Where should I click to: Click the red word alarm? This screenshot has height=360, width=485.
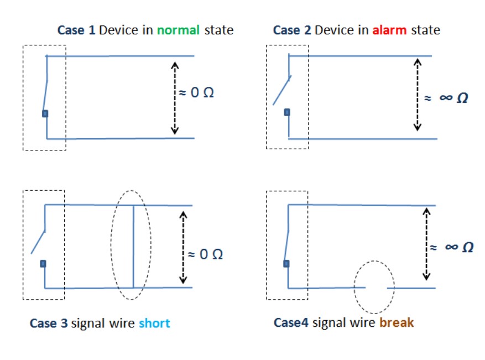point(390,30)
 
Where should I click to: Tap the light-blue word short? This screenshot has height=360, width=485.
point(154,323)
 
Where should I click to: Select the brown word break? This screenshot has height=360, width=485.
point(396,322)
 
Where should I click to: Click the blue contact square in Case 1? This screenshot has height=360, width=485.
point(45,113)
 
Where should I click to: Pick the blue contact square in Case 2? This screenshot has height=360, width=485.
point(287,112)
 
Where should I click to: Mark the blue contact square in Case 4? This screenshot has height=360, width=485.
point(286,263)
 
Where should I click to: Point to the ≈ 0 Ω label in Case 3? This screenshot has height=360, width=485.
point(205,254)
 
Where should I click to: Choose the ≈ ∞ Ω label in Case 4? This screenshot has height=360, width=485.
point(452,247)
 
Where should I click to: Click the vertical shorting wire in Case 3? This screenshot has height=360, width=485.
point(133,247)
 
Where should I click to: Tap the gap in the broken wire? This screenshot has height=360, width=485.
point(376,288)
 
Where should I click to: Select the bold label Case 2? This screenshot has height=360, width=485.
point(292,30)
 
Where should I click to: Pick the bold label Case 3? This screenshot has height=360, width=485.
point(49,323)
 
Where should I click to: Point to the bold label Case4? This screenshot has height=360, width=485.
point(291,322)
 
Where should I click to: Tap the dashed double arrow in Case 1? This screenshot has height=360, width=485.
point(175,97)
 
